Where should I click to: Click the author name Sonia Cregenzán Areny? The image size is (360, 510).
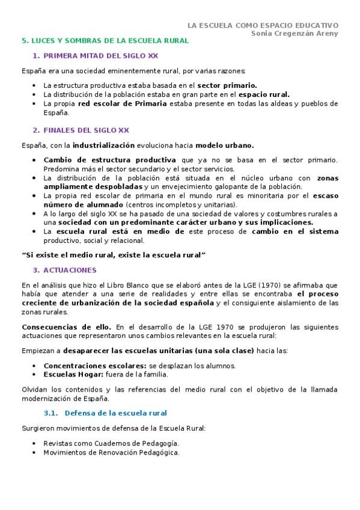click(x=294, y=34)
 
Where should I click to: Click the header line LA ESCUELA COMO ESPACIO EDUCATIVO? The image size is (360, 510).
click(x=263, y=25)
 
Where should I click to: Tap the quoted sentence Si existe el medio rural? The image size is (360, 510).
click(x=113, y=256)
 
